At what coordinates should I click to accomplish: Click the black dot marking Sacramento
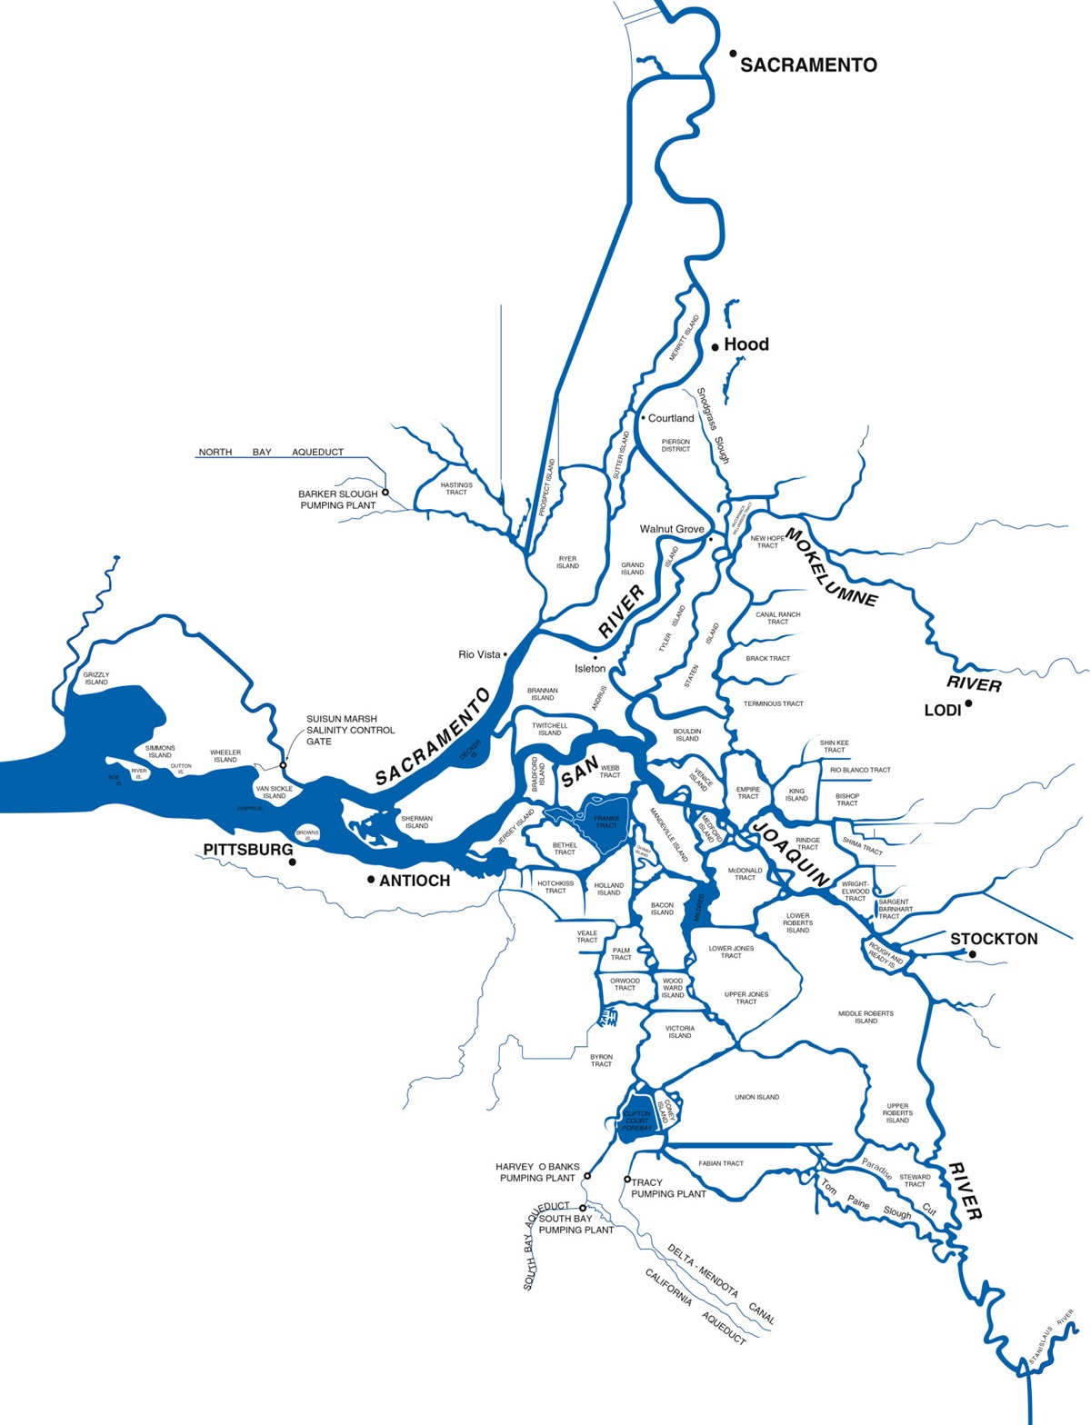coord(733,54)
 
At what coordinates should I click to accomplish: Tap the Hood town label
coord(746,344)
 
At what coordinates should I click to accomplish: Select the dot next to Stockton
coord(972,954)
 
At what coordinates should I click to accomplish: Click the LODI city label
coord(942,711)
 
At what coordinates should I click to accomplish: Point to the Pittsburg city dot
coord(292,862)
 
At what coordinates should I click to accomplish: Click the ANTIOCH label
coord(415,881)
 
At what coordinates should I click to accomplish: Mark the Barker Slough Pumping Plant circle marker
coord(385,493)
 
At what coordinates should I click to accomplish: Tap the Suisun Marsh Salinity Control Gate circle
coord(283,765)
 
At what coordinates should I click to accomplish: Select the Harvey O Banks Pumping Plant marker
coord(587,1176)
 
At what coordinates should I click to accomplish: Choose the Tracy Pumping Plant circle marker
coord(627,1180)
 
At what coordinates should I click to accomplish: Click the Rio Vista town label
coord(479,654)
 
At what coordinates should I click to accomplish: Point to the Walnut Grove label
coord(672,529)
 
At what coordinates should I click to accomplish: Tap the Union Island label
coord(756,1097)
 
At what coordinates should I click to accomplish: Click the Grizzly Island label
coord(96,678)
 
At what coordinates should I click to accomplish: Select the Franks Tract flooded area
coord(602,821)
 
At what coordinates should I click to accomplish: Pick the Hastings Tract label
coord(456,488)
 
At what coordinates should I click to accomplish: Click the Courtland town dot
coord(643,418)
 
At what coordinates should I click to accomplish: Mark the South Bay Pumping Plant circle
coord(583,1209)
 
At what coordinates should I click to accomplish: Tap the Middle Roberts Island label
coord(866,1017)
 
